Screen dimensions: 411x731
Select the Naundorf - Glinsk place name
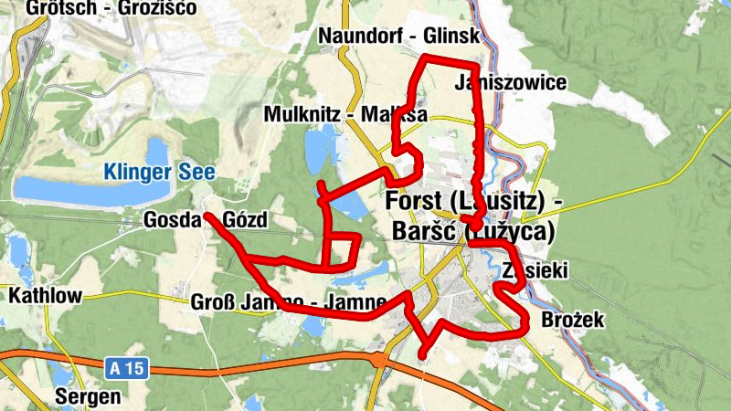coord(398,35)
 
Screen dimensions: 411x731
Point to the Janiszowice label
coord(510,83)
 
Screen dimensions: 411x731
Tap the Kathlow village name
coord(45,295)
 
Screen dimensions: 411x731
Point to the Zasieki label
coord(536,271)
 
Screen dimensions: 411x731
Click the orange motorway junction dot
coord(377,359)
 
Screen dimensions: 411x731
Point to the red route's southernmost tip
coord(422,354)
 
